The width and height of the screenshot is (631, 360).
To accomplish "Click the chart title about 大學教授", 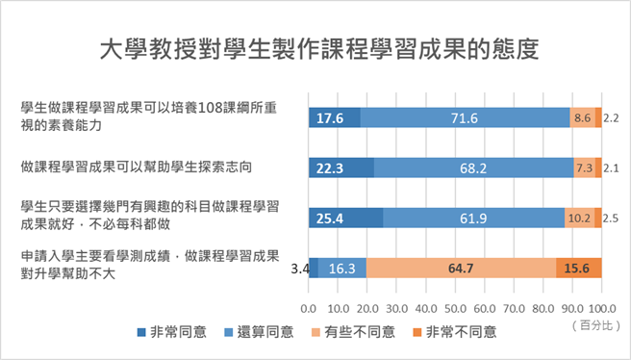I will pos(315,49).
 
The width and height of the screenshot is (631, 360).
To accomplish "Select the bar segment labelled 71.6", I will pos(465,117).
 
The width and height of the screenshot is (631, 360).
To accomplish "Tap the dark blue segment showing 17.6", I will pos(334,117).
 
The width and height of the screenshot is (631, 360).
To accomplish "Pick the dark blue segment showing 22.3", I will pos(341,167).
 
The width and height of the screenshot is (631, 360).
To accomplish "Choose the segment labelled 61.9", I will pos(473,218).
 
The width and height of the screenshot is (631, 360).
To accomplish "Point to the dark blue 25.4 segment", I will pos(345,218).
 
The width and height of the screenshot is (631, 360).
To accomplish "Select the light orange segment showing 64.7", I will pos(461,268).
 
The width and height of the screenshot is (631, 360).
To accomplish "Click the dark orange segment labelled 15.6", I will pos(578,268).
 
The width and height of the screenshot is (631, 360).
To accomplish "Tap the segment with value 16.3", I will pos(341,268).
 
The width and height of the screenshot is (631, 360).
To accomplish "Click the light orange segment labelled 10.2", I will pos(579,218).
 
